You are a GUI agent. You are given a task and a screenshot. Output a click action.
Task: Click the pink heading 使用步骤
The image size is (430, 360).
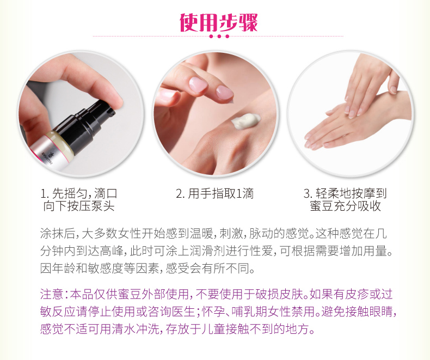click(219, 22)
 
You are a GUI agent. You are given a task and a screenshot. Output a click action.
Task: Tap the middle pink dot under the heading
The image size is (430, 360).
click(219, 36)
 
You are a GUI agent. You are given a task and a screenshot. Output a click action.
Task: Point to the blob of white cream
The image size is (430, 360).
click(245, 120)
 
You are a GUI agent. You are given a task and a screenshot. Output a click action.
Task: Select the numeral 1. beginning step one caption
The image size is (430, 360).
click(45, 194)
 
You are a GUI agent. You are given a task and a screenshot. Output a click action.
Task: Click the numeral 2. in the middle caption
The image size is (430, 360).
click(181, 194)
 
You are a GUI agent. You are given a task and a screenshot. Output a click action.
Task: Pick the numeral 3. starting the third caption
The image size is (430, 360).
click(308, 194)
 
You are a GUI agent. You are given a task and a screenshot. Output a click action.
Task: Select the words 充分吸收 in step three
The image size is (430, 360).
click(357, 206)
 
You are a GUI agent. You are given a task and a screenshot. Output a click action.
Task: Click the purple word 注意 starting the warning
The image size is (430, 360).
click(52, 294)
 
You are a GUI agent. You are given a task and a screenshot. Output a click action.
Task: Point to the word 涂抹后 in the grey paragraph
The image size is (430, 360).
click(58, 234)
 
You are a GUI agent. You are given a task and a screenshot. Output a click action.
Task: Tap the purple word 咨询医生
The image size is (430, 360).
click(171, 312)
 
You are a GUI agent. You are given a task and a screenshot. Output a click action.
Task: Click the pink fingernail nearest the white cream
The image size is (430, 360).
click(224, 92)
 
